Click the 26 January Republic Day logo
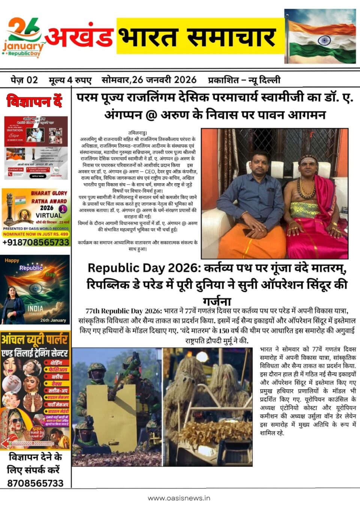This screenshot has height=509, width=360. (x=24, y=38)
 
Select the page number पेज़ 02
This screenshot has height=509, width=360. (x=24, y=80)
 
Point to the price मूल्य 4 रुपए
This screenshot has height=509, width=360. (x=70, y=80)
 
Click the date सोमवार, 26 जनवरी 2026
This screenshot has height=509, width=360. (x=149, y=80)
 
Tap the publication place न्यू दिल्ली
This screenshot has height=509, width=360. (x=264, y=80)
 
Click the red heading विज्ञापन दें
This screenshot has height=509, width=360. (x=34, y=101)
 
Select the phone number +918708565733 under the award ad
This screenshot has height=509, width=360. (x=36, y=242)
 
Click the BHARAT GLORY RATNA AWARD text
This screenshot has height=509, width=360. (x=49, y=197)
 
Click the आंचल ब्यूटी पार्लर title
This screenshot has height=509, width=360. (x=34, y=340)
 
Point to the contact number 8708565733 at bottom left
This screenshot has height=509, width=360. (x=35, y=483)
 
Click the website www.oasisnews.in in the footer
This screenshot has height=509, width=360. (x=179, y=498)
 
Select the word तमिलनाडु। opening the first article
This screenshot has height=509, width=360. (x=138, y=132)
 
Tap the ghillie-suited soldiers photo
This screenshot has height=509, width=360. (x=207, y=407)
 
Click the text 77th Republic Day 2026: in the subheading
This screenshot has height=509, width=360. (x=123, y=311)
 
